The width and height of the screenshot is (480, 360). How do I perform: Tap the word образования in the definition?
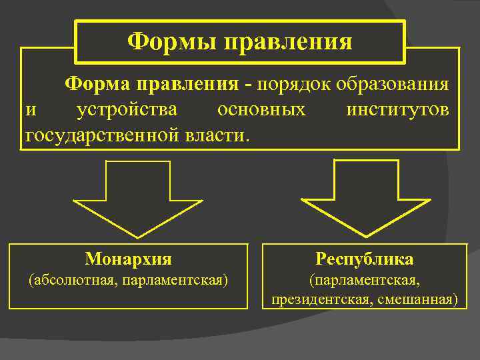pyautogui.click(x=393, y=85)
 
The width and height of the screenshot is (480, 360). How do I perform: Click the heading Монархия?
pyautogui.click(x=129, y=259)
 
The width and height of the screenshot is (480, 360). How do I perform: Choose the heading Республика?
pyautogui.click(x=365, y=259)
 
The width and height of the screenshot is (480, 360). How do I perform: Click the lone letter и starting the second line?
pyautogui.click(x=30, y=110)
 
